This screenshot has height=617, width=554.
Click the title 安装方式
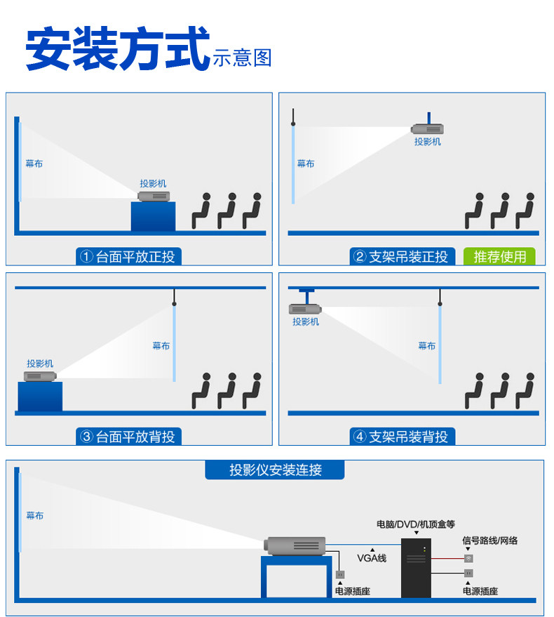click(118, 49)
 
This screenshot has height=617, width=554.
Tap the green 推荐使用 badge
click(499, 257)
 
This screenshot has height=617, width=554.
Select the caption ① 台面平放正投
click(128, 257)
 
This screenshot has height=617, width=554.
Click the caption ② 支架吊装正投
click(400, 257)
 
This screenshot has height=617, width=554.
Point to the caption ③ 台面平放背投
click(128, 437)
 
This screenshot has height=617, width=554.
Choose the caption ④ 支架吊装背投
click(400, 437)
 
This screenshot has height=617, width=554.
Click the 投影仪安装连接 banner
click(275, 470)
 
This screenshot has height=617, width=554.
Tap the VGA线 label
click(372, 558)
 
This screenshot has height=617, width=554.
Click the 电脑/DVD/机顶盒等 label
click(416, 524)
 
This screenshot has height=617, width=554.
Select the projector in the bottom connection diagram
click(295, 544)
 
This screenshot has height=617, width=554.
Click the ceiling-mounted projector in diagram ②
click(427, 128)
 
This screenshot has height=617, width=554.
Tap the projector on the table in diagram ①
click(155, 195)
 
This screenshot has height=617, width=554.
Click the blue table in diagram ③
click(40, 397)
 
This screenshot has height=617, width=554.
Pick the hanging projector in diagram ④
click(305, 308)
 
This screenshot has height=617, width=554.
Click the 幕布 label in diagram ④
click(426, 346)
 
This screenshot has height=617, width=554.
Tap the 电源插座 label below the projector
click(352, 592)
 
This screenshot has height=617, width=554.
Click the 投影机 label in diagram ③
click(40, 364)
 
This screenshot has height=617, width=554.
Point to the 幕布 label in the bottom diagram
click(34, 516)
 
